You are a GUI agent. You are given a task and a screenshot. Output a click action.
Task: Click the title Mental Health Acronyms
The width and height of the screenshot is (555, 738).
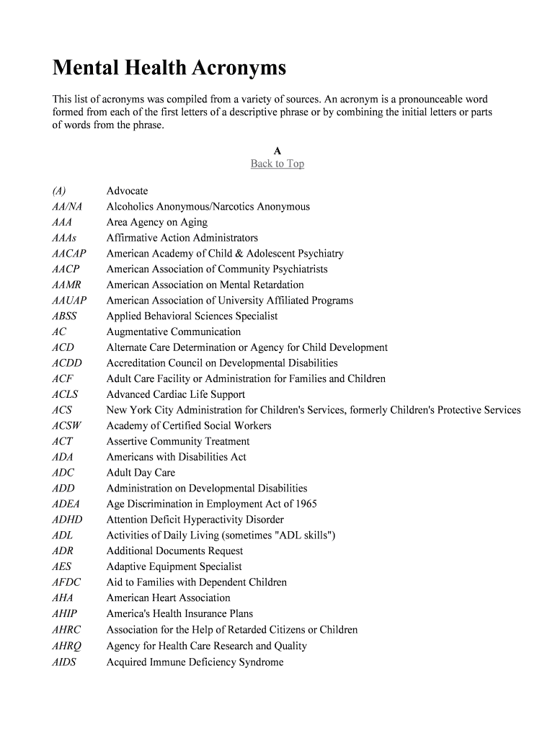[169, 68]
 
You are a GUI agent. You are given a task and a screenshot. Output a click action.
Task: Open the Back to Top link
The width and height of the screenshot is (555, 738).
[277, 164]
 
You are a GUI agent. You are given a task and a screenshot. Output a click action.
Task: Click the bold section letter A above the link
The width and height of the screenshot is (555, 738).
[277, 151]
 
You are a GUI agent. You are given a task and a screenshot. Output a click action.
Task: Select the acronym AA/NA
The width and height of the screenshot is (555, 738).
[67, 207]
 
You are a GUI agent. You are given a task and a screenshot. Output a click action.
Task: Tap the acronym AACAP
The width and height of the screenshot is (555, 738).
[69, 254]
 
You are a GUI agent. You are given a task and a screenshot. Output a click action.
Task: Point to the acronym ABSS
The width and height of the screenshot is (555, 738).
[64, 316]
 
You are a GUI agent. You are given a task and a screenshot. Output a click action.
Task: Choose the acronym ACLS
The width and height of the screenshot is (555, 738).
[65, 394]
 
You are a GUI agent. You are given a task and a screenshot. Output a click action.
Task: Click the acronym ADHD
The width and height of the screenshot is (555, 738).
[67, 520]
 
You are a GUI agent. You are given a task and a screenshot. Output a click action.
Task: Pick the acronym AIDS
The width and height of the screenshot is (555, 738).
[64, 662]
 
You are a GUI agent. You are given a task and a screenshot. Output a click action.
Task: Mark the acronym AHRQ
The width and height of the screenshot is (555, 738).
[66, 646]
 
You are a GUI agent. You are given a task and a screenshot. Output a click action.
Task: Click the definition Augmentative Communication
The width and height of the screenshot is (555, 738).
[174, 332]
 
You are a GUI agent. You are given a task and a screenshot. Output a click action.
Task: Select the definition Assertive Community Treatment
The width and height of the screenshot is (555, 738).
[178, 441]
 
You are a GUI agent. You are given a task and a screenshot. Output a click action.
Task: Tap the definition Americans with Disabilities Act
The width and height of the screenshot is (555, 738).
[176, 457]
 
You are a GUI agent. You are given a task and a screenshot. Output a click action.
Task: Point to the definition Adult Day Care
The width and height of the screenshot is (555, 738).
[141, 473]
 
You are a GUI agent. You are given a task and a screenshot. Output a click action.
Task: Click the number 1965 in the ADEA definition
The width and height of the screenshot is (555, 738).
[305, 504]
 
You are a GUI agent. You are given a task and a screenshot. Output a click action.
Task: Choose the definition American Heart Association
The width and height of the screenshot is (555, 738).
[168, 597]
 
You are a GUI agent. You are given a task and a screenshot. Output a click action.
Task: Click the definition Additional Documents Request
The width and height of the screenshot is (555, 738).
[174, 551]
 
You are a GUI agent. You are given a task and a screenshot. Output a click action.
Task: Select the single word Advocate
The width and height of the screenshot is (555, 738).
[127, 191]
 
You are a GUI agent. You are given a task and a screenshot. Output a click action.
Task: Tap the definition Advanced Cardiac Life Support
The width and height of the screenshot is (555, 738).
[176, 394]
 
